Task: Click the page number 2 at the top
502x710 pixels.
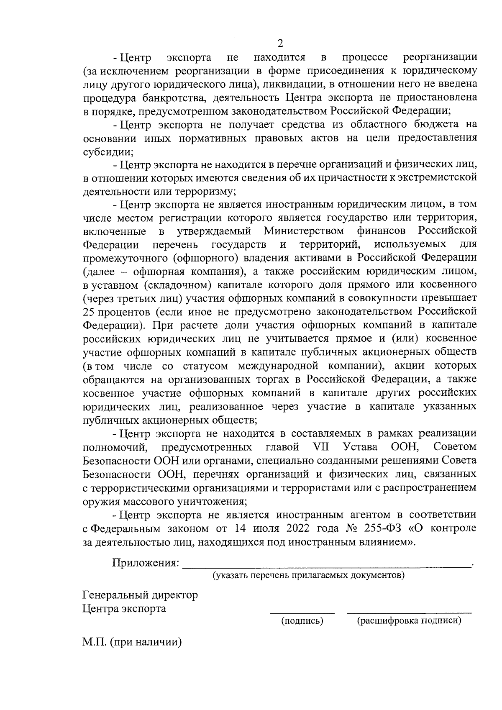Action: (x=280, y=43)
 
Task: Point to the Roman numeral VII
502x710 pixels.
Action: (x=321, y=447)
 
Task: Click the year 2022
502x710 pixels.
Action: (x=300, y=528)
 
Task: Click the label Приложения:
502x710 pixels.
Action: (x=146, y=563)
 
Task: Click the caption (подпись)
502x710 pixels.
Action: (x=302, y=620)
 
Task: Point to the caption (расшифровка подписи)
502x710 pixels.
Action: (x=409, y=620)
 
